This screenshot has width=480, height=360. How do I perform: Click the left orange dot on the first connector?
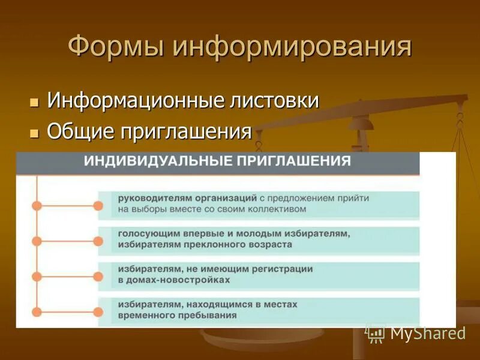[x=37, y=206]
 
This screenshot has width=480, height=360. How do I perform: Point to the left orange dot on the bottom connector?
[x=37, y=312]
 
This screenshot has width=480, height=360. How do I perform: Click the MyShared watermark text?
[x=427, y=334]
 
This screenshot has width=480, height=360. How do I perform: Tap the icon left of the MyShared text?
[x=376, y=333]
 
